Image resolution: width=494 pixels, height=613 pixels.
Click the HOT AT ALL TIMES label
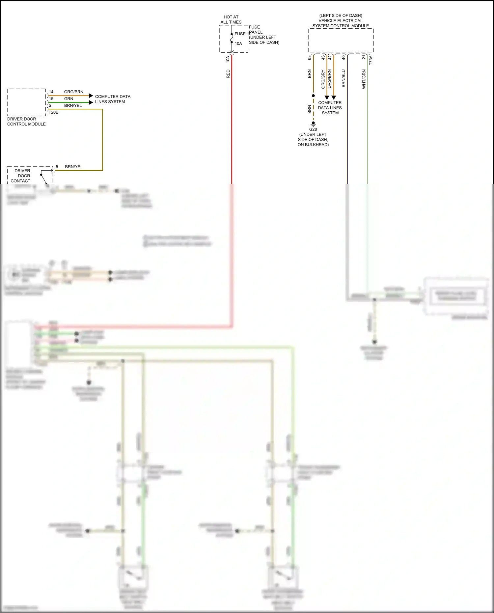tap(231, 19)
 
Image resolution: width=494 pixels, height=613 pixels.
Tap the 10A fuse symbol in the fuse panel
tap(232, 38)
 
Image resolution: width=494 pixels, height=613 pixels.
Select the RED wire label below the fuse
tap(228, 74)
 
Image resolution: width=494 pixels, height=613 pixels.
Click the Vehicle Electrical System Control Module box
tap(341, 40)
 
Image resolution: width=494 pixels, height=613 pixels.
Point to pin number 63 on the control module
tap(310, 57)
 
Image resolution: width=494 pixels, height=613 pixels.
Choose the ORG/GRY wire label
tap(323, 79)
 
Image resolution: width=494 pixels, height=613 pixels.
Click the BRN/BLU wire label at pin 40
tap(343, 78)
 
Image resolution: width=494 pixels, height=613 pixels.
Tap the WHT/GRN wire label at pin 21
tap(364, 79)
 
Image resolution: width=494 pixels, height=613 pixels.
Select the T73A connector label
tap(371, 60)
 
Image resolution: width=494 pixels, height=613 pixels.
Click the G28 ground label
tap(313, 129)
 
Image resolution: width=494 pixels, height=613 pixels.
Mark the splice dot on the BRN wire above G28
tap(313, 96)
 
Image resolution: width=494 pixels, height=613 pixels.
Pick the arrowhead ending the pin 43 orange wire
tap(327, 98)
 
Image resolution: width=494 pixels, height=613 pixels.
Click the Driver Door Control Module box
tap(26, 102)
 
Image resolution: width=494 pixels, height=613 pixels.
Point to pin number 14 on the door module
tap(51, 92)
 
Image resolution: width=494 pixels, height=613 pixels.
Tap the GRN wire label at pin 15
tap(69, 99)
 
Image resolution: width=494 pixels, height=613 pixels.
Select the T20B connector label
tap(54, 112)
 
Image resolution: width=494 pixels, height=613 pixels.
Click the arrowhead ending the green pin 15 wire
tap(91, 102)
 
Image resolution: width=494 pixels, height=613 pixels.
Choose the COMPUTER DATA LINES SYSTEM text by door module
tap(112, 99)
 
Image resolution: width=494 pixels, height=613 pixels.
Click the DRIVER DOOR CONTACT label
tap(22, 176)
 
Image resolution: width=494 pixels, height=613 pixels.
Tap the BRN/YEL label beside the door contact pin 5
tap(74, 167)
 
